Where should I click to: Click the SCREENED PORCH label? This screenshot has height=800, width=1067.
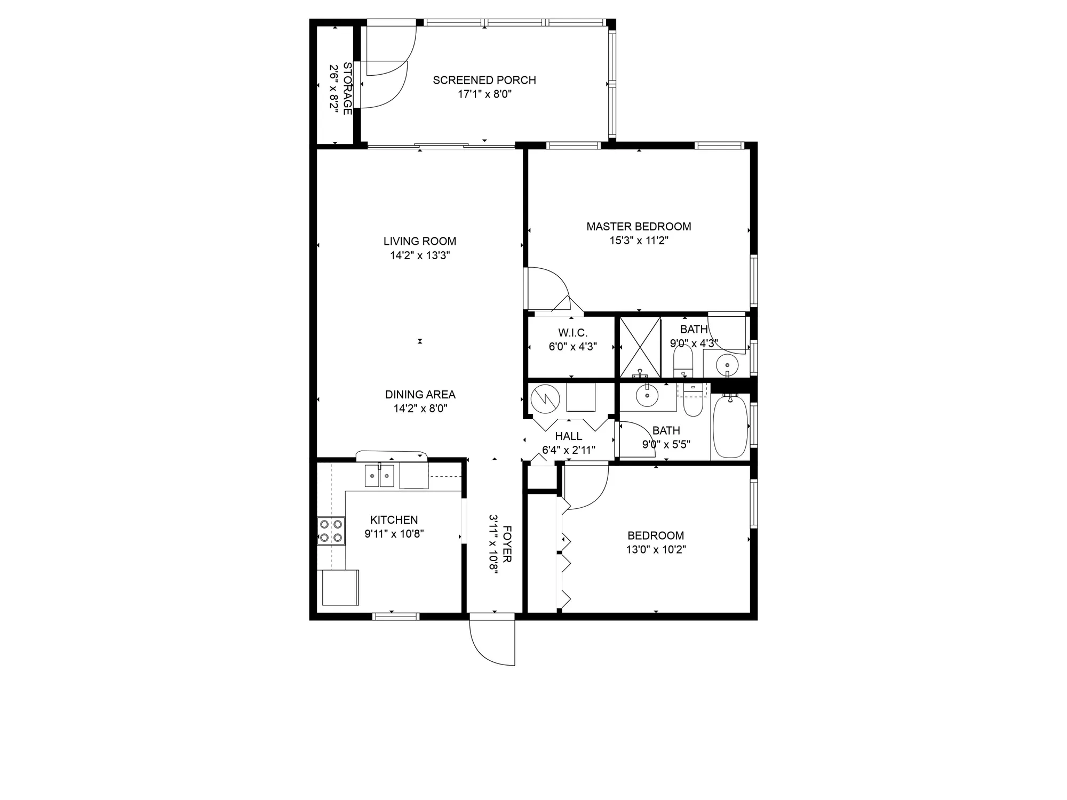(484, 80)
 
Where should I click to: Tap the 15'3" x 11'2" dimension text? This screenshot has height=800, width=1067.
(639, 241)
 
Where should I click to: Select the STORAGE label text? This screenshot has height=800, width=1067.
(347, 88)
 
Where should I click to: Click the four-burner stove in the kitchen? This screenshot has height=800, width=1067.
(331, 531)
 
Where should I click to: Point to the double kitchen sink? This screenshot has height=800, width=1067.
(379, 476)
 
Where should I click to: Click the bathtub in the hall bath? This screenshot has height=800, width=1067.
(730, 427)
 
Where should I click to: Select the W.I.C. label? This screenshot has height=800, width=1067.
(572, 333)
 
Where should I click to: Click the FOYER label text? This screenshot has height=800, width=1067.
(507, 544)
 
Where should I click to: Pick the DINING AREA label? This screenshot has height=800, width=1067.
(420, 395)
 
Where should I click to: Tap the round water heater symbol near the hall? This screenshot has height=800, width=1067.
(544, 397)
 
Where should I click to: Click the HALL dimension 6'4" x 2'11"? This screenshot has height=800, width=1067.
(569, 450)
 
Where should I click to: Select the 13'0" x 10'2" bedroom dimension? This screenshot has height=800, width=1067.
(656, 549)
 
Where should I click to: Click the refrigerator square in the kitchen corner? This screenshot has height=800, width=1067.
(340, 587)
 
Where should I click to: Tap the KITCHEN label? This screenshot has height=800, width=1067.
(394, 519)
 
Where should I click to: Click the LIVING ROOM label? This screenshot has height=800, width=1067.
(420, 241)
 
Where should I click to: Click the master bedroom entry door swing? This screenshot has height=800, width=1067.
(547, 288)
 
